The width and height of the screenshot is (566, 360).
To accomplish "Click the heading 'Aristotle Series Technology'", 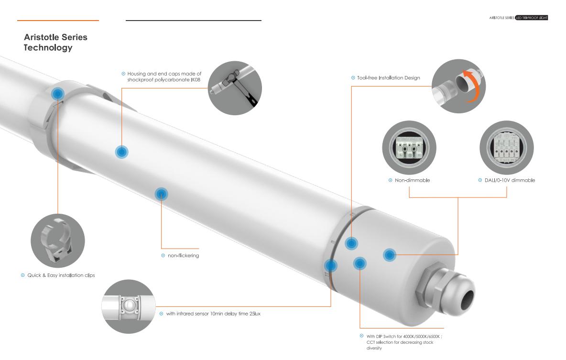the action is (55, 42).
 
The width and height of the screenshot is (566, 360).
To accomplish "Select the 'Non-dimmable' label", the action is (412, 180).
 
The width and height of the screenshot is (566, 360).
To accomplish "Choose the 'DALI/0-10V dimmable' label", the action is (510, 180).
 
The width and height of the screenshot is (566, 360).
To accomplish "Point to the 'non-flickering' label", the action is (184, 256).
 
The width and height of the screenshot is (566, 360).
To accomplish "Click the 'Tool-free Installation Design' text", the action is (388, 77).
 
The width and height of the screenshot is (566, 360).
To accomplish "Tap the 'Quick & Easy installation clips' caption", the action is (61, 275).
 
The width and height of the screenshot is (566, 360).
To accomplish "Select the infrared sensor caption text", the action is (213, 314).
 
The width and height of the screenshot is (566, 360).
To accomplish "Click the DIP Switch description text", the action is (404, 342).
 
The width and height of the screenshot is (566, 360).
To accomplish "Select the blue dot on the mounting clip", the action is (57, 94).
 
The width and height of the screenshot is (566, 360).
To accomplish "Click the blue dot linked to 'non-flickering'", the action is (162, 194).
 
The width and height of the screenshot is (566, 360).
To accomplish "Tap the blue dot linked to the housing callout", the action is (121, 152).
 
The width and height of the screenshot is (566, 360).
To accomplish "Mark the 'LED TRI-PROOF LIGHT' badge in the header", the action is (532, 18).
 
